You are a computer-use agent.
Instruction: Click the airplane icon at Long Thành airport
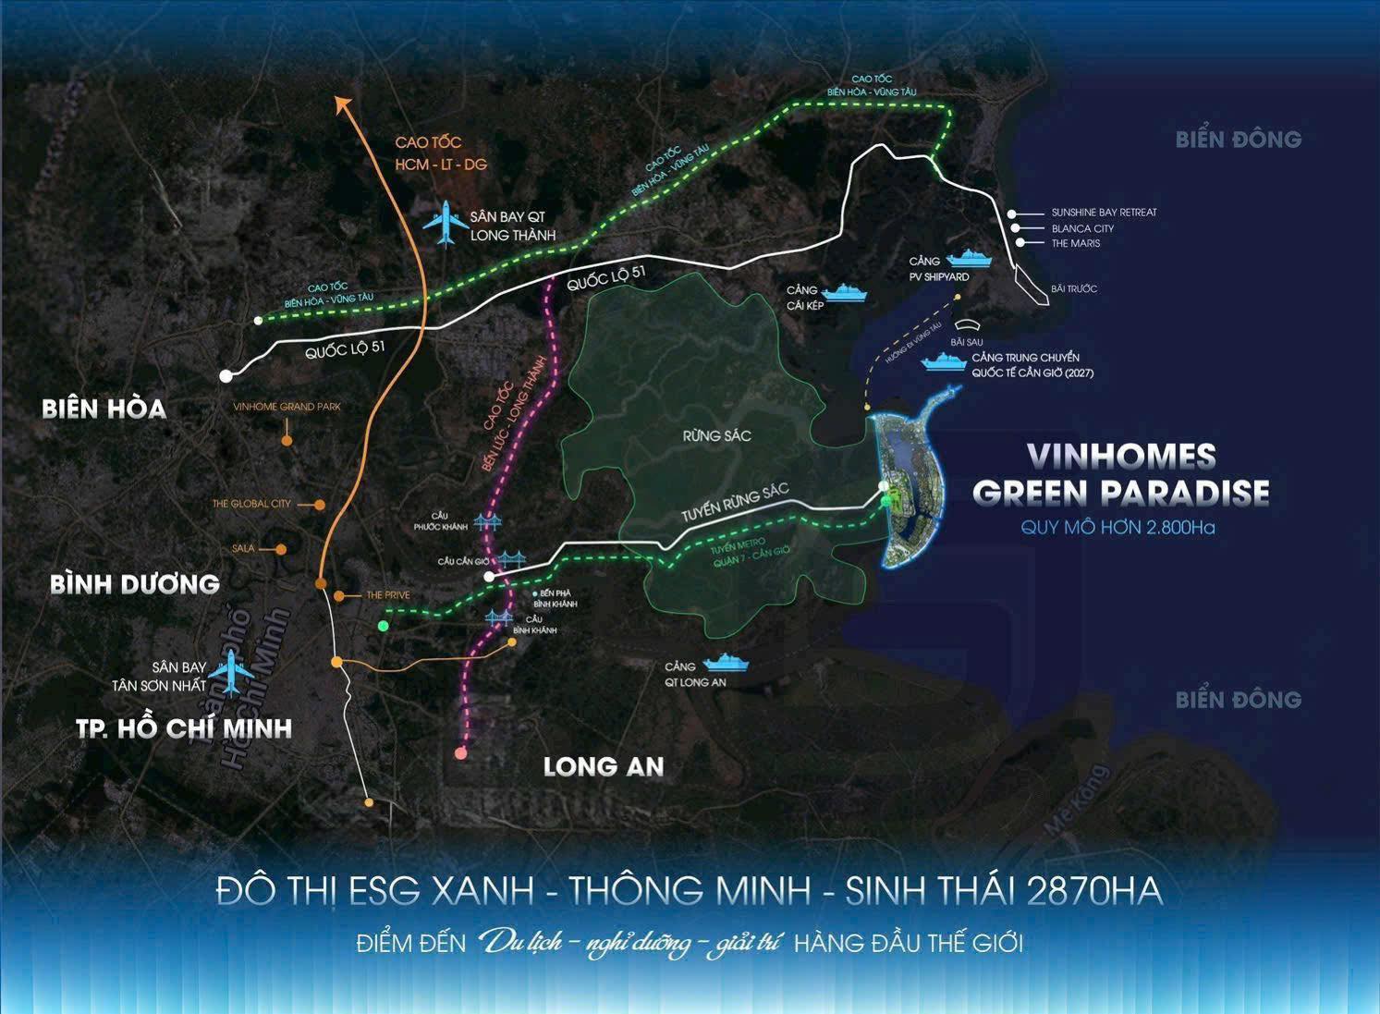click(446, 223)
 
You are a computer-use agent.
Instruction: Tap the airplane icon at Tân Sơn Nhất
click(230, 671)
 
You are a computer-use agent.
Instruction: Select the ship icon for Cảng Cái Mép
click(847, 295)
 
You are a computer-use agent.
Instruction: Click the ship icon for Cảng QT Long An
click(726, 663)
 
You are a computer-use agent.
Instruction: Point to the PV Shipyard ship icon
click(970, 259)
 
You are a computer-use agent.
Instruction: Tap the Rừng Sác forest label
click(716, 435)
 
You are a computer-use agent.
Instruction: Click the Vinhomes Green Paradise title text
click(1120, 474)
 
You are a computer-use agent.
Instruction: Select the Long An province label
click(603, 766)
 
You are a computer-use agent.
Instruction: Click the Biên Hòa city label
click(104, 409)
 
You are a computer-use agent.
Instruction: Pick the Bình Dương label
click(135, 584)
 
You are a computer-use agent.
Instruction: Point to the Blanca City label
click(1082, 228)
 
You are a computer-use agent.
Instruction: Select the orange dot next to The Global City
click(319, 505)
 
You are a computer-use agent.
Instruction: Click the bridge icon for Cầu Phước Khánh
click(488, 522)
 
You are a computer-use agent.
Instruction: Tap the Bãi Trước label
click(1073, 289)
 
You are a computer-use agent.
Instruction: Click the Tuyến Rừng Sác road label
click(735, 504)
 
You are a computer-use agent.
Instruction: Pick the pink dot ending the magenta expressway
click(461, 753)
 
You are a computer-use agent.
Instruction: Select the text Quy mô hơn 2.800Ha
click(1117, 528)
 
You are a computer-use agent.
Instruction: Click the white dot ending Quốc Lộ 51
click(226, 376)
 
